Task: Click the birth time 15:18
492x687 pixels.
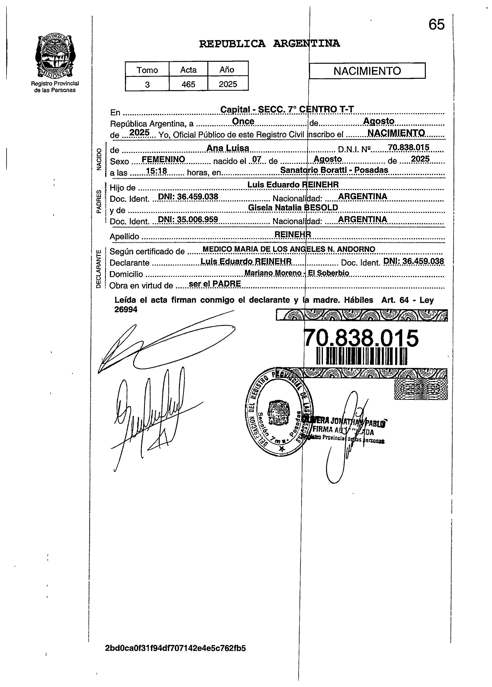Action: [156, 171]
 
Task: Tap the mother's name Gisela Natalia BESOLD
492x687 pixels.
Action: [293, 207]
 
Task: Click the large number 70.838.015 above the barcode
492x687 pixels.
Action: [361, 338]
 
